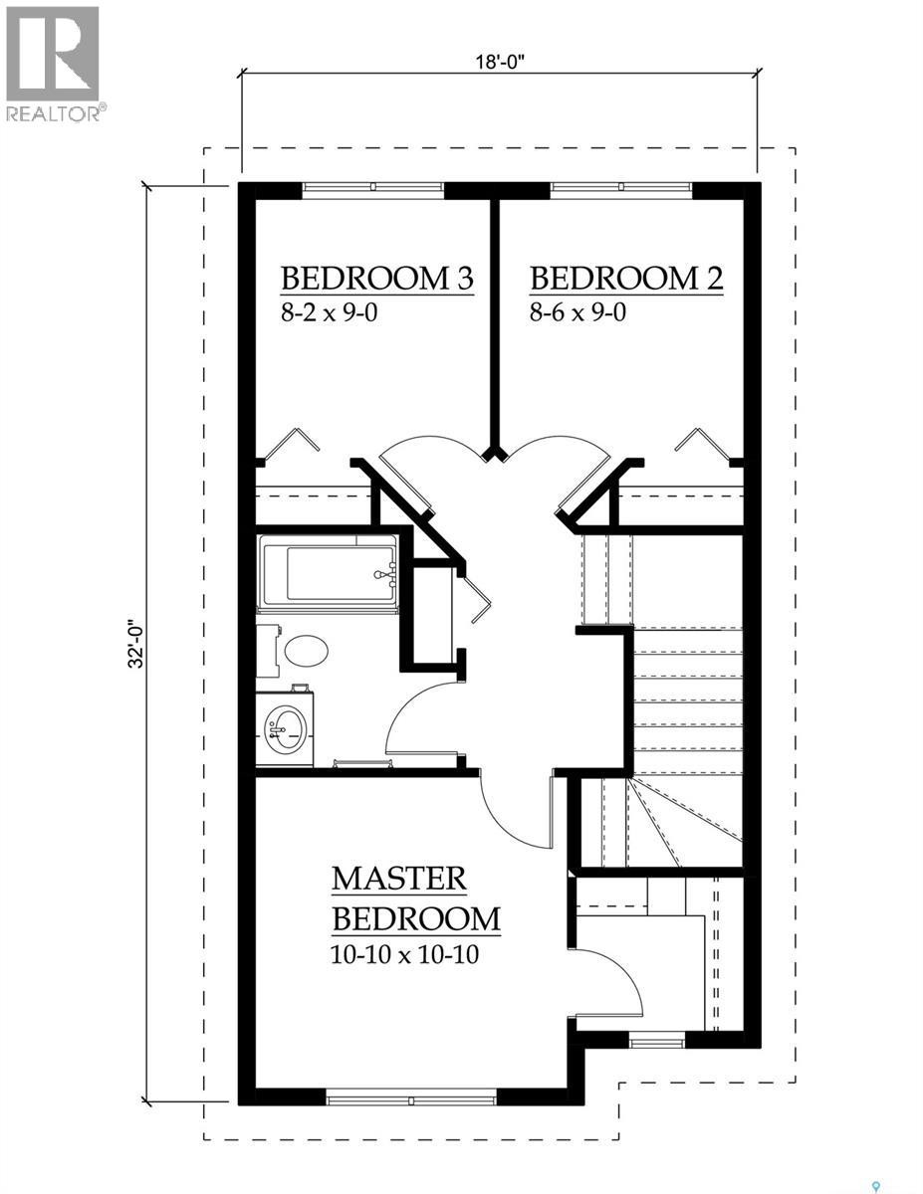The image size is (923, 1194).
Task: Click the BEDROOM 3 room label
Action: point(375,278)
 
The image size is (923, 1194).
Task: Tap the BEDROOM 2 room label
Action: point(625,278)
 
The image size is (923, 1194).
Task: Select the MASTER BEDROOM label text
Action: point(415,897)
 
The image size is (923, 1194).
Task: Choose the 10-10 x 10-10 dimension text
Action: point(404,955)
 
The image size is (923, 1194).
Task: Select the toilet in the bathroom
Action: point(299,652)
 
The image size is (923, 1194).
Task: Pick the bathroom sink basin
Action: point(285,729)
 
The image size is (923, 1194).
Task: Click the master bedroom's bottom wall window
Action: point(411,1097)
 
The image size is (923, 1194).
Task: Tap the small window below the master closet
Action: point(657,1041)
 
